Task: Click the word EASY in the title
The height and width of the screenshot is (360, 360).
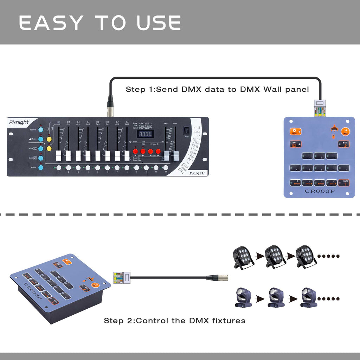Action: point(51,23)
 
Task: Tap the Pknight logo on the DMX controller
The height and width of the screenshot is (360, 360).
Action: point(19,122)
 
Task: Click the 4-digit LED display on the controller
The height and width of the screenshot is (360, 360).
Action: point(144,134)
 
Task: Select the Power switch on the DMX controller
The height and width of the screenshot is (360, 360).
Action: point(186,131)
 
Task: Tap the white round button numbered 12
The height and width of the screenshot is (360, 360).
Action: point(166,168)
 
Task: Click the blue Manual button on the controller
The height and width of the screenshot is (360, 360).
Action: point(41,168)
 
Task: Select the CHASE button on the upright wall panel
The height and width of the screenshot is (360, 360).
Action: point(294,144)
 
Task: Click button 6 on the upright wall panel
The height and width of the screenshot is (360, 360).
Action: point(319,168)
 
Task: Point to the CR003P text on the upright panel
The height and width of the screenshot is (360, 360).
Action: point(319,192)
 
